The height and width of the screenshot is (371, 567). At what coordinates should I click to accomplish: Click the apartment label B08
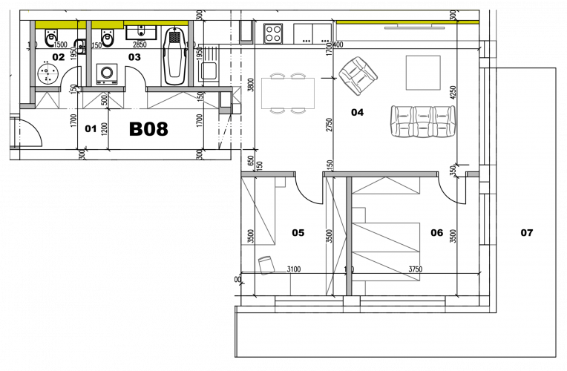point(148,129)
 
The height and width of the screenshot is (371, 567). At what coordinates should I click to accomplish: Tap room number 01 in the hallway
point(91,128)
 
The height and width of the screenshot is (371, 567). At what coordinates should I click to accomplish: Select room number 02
point(58,56)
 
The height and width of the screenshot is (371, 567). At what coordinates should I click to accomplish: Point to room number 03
point(134,56)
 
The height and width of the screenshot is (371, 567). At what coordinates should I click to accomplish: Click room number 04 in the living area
point(357,113)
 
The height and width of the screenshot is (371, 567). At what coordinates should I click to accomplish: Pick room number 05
point(298,232)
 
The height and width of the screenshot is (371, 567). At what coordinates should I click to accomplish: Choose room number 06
point(436,232)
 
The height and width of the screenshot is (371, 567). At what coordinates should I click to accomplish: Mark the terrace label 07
point(526,232)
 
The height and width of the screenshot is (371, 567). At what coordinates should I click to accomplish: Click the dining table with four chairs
point(287,93)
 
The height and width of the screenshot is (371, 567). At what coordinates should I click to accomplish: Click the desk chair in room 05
point(265,263)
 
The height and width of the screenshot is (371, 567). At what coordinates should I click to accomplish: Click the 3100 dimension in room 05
point(292,270)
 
